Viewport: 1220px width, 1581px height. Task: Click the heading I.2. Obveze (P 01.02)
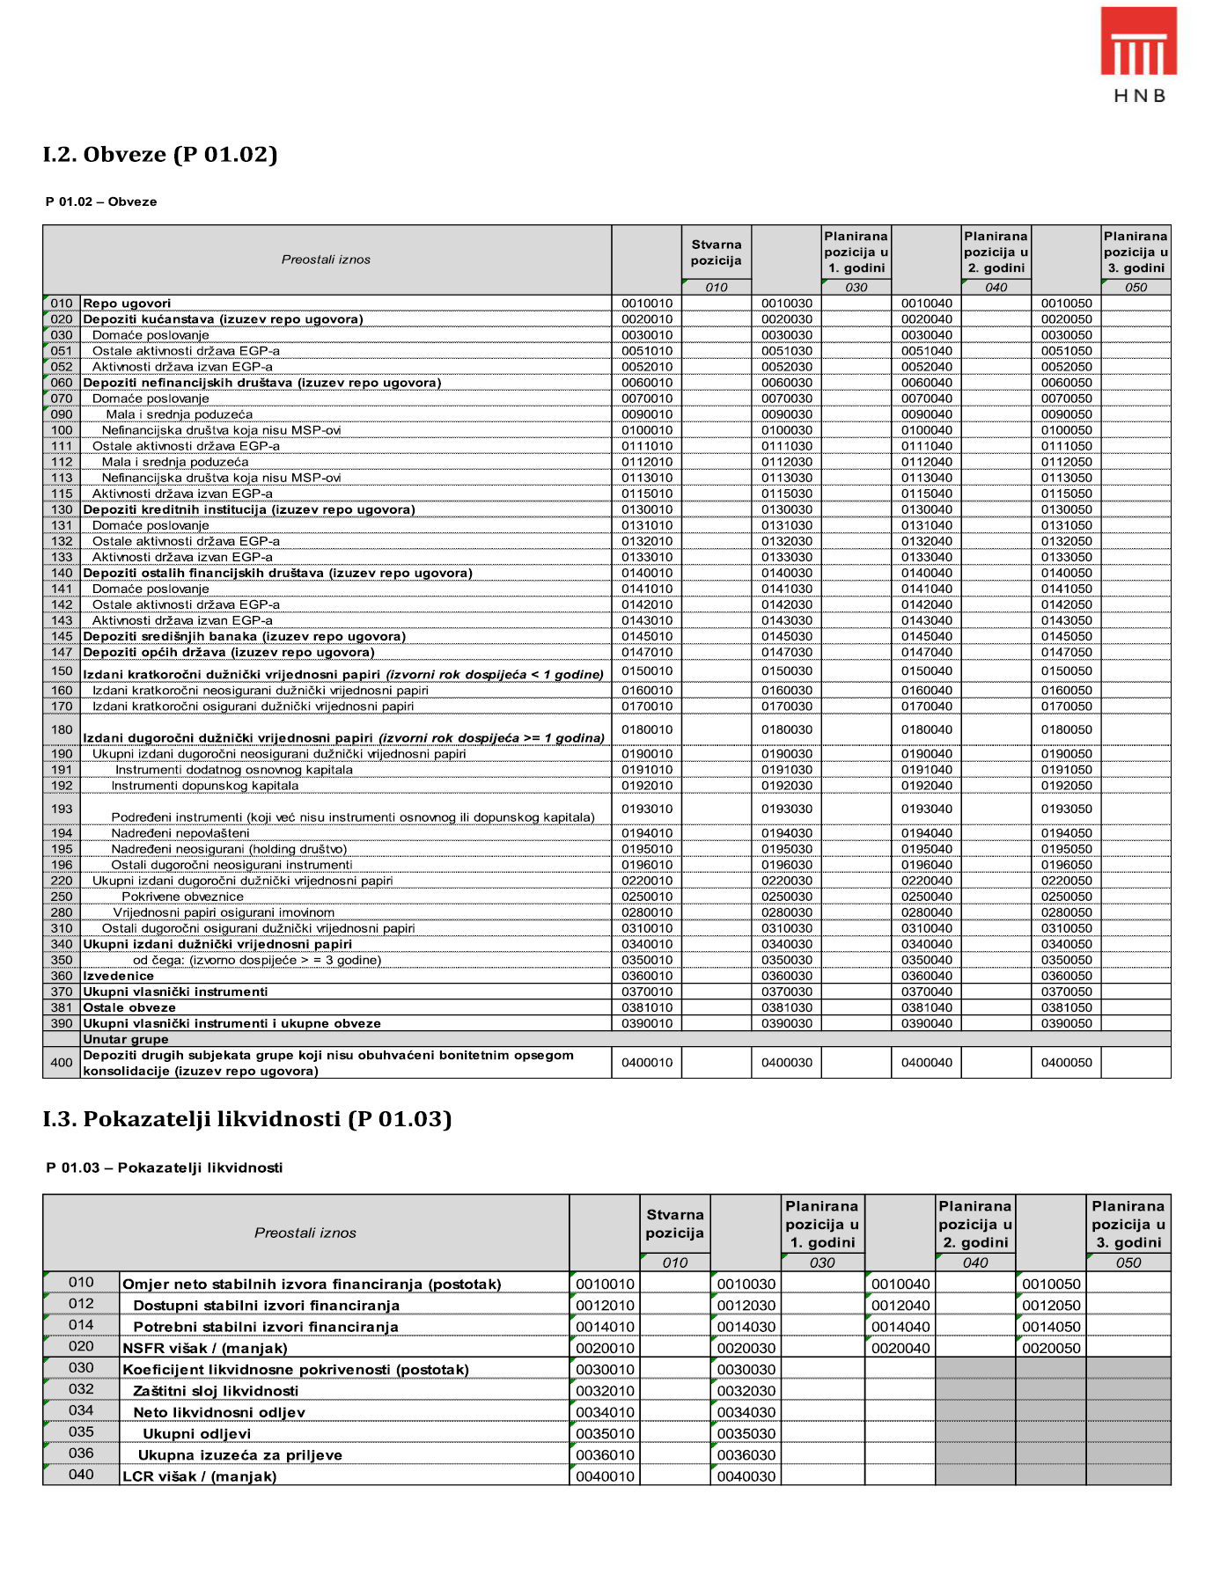[160, 155]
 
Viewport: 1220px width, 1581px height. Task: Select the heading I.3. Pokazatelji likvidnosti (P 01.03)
[246, 1119]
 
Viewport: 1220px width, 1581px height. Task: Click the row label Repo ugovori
[127, 304]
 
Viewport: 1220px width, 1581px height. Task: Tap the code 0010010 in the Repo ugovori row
[647, 304]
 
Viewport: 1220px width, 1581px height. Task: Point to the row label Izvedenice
[118, 976]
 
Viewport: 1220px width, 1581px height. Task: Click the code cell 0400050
[1066, 1063]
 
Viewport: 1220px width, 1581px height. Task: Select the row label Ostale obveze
[129, 1007]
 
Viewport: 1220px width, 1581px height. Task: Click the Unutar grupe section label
[125, 1039]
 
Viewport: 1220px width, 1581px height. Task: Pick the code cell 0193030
[787, 809]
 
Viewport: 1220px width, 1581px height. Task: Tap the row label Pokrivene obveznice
[182, 897]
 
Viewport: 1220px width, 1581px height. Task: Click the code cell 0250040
[926, 897]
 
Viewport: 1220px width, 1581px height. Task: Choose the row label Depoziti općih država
[228, 652]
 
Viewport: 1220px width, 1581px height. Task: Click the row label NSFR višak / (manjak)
[205, 1348]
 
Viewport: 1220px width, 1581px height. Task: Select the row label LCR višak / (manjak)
[199, 1476]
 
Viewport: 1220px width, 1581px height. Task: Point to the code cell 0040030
[746, 1476]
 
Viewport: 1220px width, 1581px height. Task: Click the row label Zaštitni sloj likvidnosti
[216, 1391]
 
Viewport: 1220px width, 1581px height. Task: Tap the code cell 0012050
[1051, 1306]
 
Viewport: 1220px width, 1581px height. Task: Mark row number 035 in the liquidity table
[81, 1431]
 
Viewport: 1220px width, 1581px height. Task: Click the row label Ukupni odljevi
[196, 1433]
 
